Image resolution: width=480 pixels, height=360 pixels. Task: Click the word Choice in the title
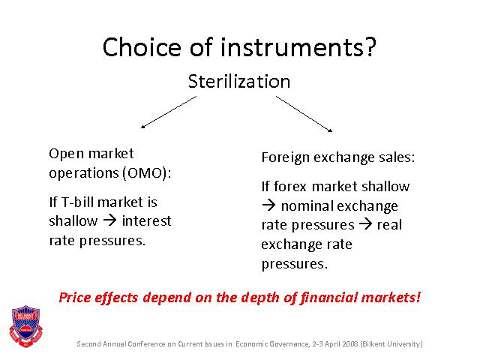click(x=142, y=46)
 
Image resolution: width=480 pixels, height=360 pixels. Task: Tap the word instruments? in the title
click(x=298, y=46)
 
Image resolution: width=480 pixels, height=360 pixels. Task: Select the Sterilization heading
click(x=239, y=82)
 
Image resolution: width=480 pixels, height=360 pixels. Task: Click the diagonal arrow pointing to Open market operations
click(x=169, y=112)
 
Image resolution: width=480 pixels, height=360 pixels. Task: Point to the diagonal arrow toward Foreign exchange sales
click(x=304, y=114)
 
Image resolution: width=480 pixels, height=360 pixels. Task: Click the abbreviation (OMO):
click(x=147, y=173)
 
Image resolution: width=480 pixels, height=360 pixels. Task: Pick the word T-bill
click(x=77, y=202)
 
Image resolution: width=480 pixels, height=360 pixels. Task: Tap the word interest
click(x=146, y=220)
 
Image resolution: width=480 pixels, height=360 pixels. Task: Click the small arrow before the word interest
click(x=109, y=220)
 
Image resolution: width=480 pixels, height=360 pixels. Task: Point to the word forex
click(x=290, y=187)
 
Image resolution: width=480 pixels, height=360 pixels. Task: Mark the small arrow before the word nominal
click(x=268, y=205)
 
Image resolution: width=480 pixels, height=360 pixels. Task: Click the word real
click(x=389, y=225)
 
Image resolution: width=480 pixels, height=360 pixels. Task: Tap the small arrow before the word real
click(x=365, y=224)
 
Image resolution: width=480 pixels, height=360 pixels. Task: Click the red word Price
click(x=75, y=297)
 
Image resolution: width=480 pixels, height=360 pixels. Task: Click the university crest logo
click(x=26, y=326)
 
